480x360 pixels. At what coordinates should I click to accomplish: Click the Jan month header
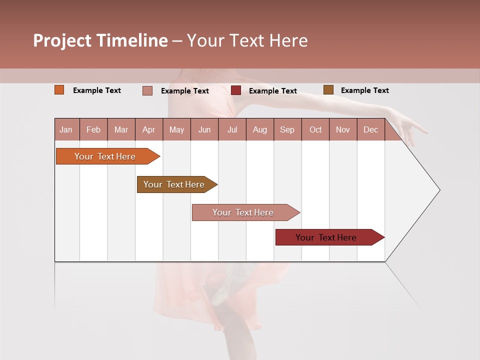(x=66, y=129)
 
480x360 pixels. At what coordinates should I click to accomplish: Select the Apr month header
(x=149, y=129)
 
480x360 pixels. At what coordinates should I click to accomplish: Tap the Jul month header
(x=232, y=129)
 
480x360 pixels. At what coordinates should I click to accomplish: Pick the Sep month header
(x=287, y=129)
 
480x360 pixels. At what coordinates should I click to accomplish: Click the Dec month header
(x=370, y=129)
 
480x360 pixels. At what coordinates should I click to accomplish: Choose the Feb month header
(x=93, y=129)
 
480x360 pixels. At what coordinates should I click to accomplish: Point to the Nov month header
(x=343, y=129)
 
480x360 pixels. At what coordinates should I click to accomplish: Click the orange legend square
(x=59, y=90)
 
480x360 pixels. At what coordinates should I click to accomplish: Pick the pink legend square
(x=147, y=90)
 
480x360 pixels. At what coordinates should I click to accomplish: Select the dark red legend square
(x=236, y=90)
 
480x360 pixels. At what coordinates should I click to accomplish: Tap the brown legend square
(x=328, y=90)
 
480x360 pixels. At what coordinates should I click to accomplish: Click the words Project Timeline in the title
(x=100, y=40)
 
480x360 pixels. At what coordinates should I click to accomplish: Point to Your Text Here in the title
(x=247, y=40)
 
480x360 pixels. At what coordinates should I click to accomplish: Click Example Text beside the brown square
(x=364, y=90)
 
